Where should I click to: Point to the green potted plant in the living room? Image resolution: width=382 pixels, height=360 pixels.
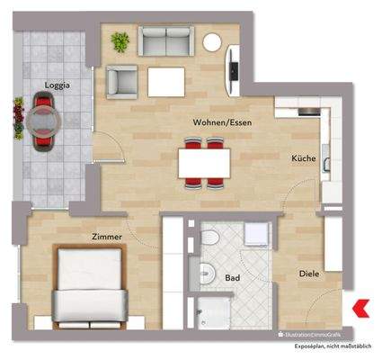coord(120,41)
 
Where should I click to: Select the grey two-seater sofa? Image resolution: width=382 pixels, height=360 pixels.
coord(165,41)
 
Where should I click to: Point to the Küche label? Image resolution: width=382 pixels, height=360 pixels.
coord(303,158)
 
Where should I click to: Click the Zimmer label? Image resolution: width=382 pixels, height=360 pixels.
coord(106,236)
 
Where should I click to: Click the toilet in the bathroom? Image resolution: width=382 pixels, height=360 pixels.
coord(209,238)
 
